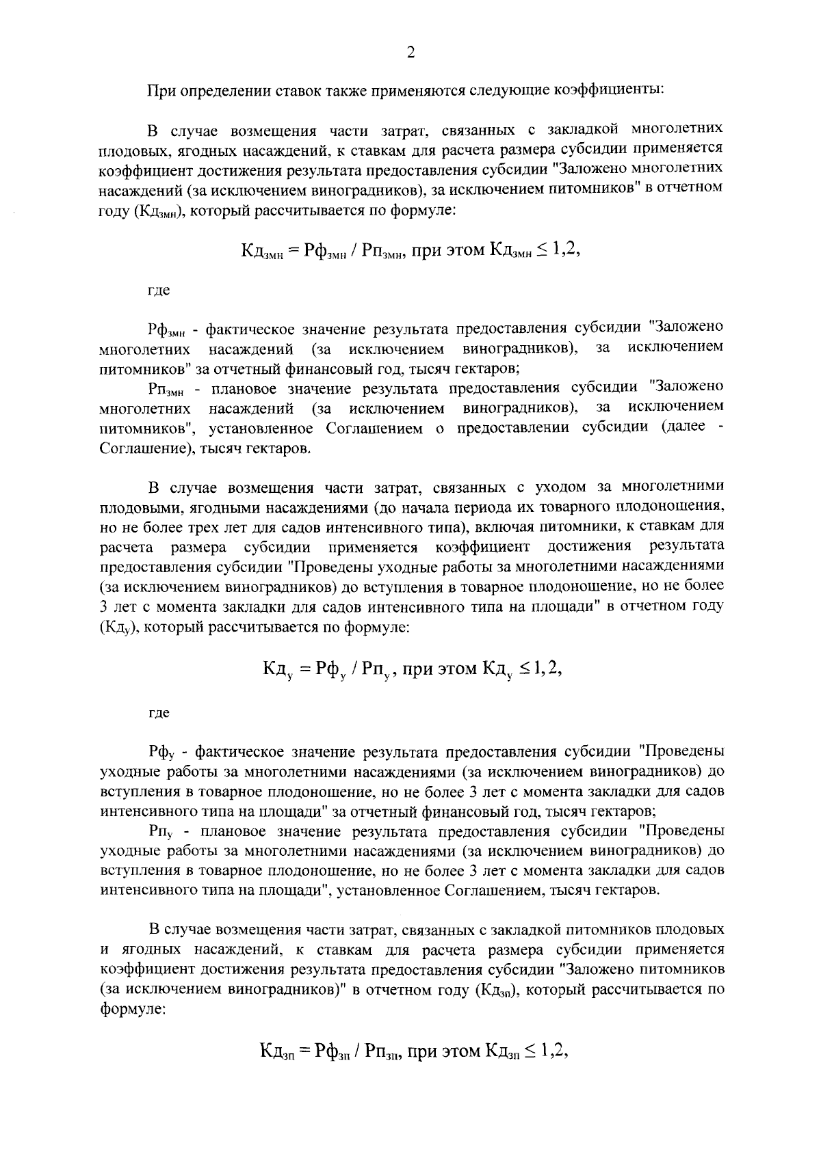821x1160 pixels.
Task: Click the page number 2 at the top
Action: [x=410, y=53]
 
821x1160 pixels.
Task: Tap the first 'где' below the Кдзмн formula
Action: [x=159, y=291]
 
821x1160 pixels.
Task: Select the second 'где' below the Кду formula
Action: [x=159, y=713]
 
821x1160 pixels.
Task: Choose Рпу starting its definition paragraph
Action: [x=164, y=832]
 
